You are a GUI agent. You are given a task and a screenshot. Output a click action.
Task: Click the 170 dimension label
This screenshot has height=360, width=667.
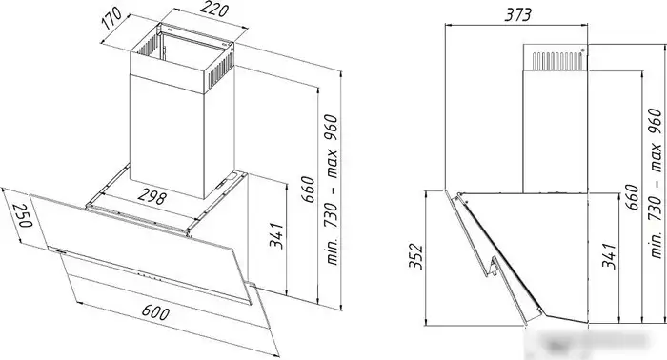tap(112, 18)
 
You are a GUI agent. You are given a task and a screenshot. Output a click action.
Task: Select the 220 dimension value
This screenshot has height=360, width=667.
tap(214, 10)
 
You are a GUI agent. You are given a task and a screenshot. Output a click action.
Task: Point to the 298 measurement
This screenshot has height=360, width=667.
tap(152, 196)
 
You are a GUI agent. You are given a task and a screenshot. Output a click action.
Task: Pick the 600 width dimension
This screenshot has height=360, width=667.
tap(155, 312)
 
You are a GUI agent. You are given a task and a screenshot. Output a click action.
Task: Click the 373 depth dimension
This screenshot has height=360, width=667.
tap(517, 15)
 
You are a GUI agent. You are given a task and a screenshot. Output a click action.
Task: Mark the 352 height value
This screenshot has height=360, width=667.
tap(415, 256)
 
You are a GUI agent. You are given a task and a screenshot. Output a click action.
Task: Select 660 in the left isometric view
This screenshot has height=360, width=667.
tap(310, 190)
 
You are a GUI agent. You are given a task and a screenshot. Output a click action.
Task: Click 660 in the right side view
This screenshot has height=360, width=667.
tap(632, 196)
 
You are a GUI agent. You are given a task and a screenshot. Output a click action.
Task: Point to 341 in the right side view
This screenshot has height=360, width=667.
tap(609, 256)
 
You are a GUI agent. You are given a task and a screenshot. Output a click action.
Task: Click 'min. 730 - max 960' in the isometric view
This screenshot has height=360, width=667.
tap(333, 190)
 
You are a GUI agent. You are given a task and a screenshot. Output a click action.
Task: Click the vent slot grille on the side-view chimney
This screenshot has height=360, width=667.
tap(557, 61)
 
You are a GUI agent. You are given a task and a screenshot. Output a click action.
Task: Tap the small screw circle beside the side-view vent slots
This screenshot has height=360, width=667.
tap(582, 50)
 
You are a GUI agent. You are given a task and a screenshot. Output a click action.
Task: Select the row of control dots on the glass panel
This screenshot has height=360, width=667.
tap(151, 277)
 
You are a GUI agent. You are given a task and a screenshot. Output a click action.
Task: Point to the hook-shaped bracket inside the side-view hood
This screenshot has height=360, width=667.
tap(493, 267)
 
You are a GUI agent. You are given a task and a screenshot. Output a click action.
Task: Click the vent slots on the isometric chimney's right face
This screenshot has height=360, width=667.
tap(218, 70)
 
